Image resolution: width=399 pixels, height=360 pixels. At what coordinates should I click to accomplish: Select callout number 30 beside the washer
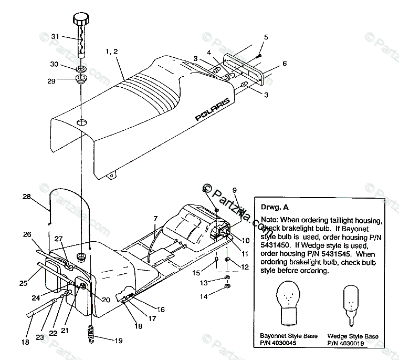pyautogui.click(x=54, y=64)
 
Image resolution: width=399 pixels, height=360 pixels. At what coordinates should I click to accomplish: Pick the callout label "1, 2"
pyautogui.click(x=111, y=52)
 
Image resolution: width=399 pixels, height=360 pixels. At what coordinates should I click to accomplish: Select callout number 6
pyautogui.click(x=284, y=64)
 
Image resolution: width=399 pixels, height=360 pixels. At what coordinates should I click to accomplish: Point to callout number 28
pyautogui.click(x=27, y=197)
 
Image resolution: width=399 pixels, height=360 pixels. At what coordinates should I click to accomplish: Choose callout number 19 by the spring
pyautogui.click(x=118, y=340)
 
